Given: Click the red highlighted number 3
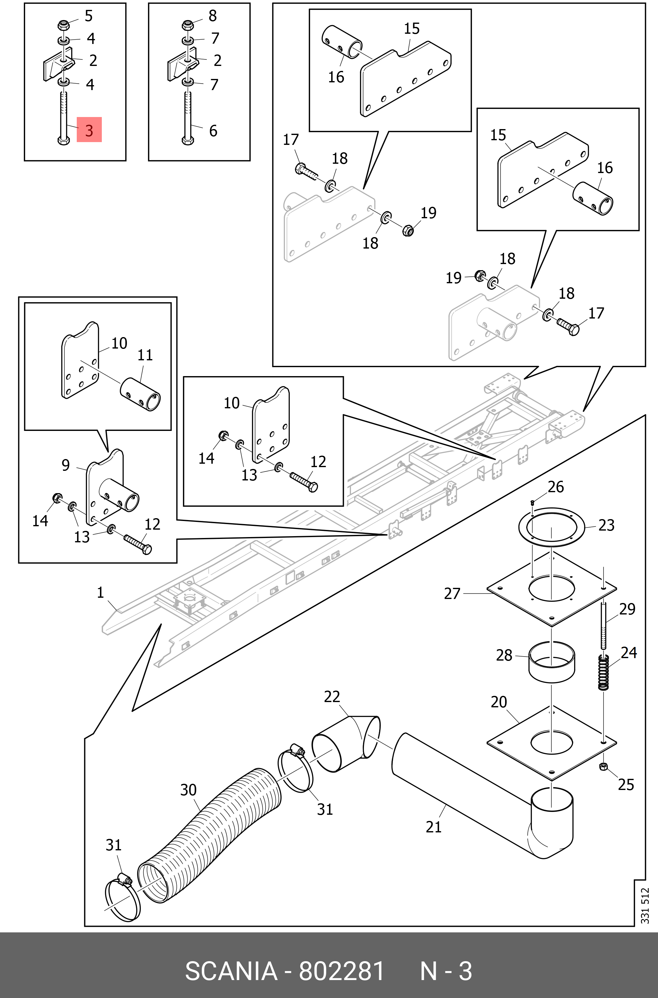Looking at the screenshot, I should coord(89,130).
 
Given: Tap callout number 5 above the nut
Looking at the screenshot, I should coord(89,16).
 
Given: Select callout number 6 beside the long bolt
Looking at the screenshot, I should coord(213,131).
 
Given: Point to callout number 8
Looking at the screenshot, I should coord(213,16).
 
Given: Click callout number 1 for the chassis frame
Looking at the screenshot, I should coord(100,592).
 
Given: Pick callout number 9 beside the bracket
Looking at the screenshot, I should coord(66,465).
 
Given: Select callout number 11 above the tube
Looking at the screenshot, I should coord(145,355).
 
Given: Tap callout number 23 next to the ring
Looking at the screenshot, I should coord(606,525).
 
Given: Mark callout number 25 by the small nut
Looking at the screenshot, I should coord(626,784).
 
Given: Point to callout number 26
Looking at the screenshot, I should coord(556,487).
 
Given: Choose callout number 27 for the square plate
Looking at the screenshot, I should coord(452,593).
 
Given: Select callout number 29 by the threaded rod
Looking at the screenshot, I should coord(627,609).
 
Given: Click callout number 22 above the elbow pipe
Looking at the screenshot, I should coord(331,697).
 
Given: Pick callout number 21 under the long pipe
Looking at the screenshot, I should coord(434,827).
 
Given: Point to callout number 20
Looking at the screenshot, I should coord(499,702).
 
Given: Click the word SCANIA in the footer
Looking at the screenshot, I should coord(231,971).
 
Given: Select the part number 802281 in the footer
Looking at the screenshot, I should coord(341,971).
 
